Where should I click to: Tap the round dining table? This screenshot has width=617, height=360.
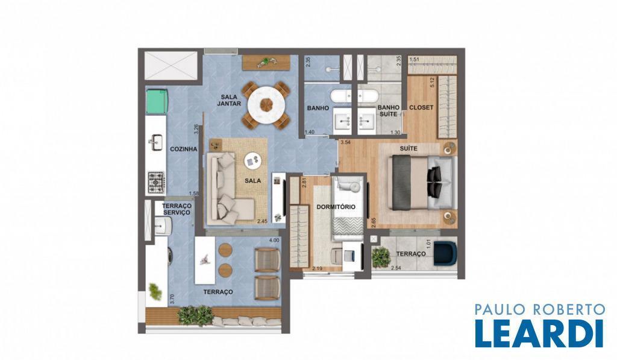266,105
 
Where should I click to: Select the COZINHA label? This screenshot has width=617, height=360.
183,150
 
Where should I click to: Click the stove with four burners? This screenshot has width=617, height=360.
157,182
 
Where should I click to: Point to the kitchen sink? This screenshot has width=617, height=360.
156,142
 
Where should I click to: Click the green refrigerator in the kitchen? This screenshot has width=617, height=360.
157,101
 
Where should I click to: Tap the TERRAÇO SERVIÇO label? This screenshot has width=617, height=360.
177,209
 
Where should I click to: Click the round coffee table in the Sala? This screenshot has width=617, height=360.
252,160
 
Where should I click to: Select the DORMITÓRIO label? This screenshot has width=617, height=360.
336,207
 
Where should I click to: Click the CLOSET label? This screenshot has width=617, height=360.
421,107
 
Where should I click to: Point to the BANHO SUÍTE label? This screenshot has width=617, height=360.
389,111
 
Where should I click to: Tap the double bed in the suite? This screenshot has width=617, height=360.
422,182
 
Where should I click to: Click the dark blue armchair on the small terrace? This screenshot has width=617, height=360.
445,253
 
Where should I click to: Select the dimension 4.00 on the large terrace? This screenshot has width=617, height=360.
274,240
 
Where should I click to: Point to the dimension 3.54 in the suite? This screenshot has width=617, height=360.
346,142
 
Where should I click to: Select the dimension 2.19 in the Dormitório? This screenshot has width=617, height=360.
317,268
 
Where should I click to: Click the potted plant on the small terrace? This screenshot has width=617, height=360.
380,257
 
